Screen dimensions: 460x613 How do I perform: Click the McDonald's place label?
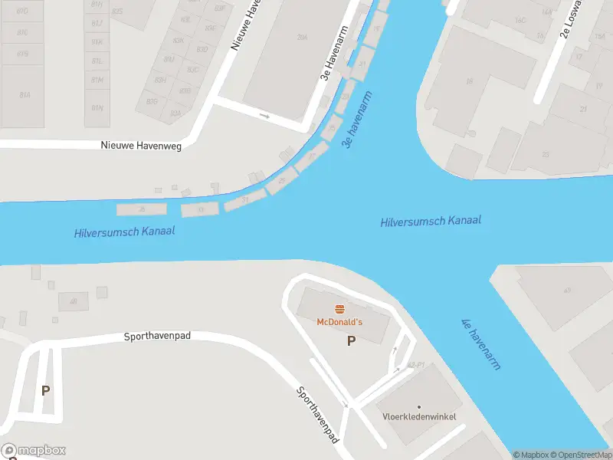[x=339, y=321]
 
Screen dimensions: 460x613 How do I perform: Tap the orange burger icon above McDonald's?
[x=339, y=308]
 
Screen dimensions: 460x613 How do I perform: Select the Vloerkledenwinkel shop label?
[x=419, y=416]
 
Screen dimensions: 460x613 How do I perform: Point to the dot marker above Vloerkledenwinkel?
[x=419, y=406]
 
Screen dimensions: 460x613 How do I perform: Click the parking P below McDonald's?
[x=351, y=341]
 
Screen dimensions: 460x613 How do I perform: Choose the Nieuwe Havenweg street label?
[x=142, y=146]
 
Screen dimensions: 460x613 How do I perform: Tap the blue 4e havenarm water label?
[x=480, y=344]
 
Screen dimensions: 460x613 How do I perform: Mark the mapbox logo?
[x=34, y=451]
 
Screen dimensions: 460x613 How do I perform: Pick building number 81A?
[x=25, y=94]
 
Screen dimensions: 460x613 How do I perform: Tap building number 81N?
[x=97, y=107]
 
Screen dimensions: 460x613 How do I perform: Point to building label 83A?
[x=175, y=113]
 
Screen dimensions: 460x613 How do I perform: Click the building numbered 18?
[x=468, y=80]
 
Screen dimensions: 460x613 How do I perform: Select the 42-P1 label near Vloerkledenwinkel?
[x=416, y=365]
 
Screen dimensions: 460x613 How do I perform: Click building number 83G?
[x=152, y=101]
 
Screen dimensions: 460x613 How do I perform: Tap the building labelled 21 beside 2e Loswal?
[x=583, y=109]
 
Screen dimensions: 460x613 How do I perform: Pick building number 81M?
[x=97, y=80]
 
